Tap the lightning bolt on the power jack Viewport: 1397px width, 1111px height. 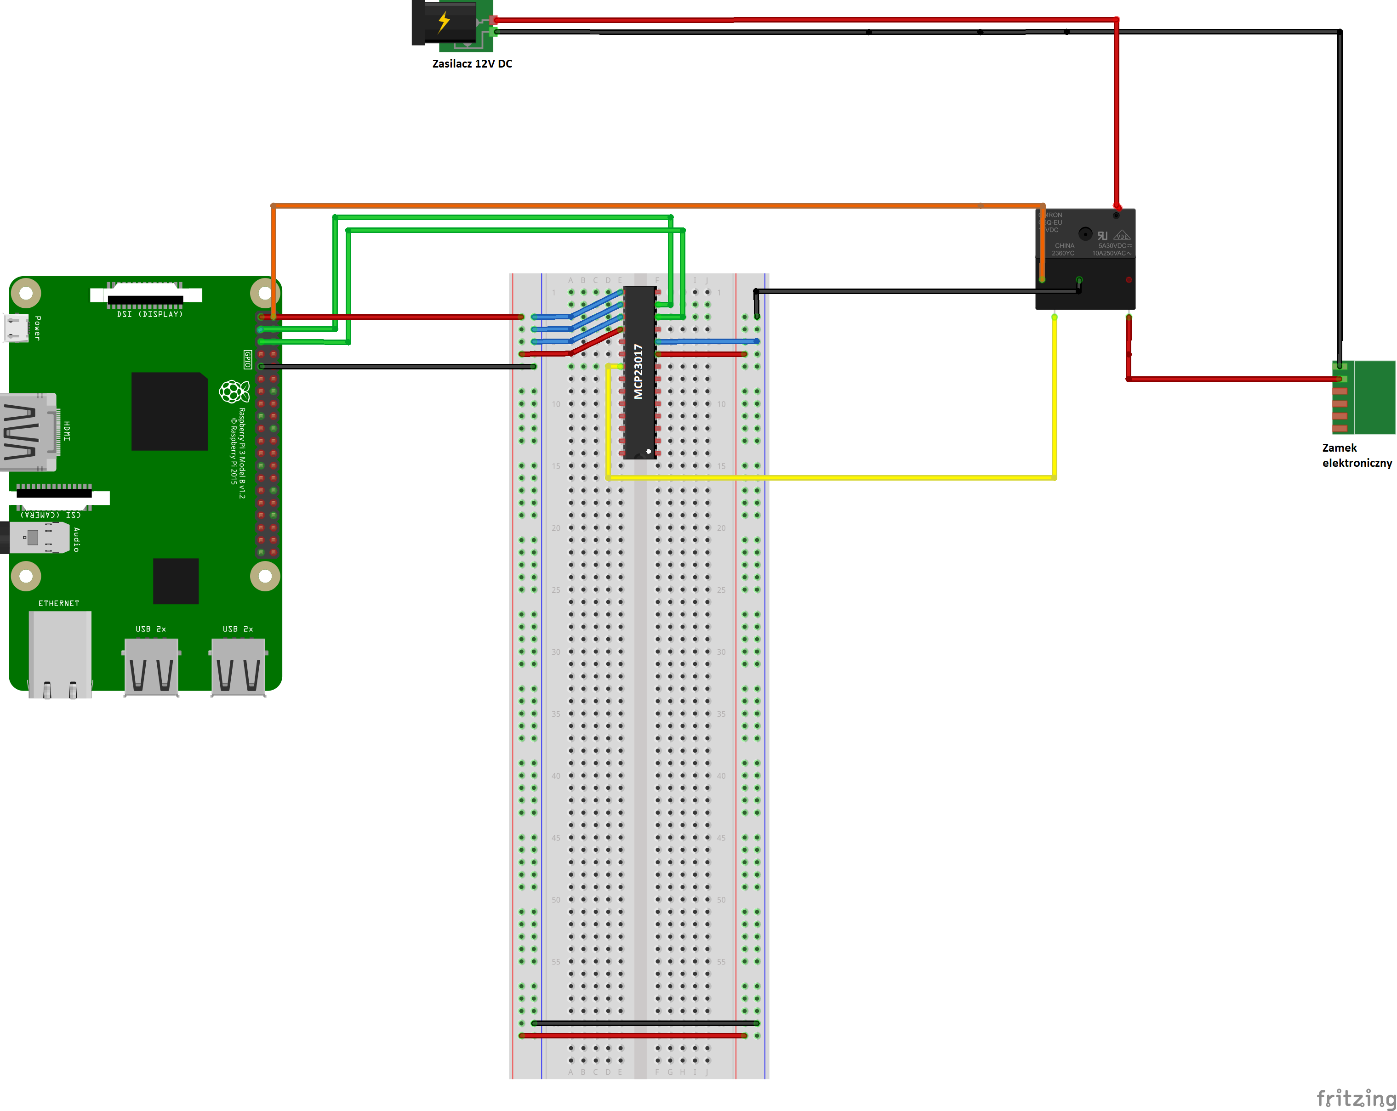pos(444,22)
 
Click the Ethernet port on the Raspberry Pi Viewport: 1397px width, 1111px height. pos(60,653)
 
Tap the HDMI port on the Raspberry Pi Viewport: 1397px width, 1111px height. pos(29,431)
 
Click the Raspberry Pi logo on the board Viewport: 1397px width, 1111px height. pos(234,391)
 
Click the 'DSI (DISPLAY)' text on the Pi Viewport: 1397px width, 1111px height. pos(150,314)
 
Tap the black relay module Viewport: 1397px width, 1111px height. pos(1085,259)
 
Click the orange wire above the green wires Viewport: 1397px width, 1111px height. pos(648,206)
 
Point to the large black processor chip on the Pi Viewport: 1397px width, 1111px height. pos(169,411)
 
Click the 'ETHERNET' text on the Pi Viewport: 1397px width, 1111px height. pos(58,603)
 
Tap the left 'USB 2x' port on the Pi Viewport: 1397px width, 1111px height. pos(151,667)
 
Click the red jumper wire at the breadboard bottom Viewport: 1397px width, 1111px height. pos(635,1035)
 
